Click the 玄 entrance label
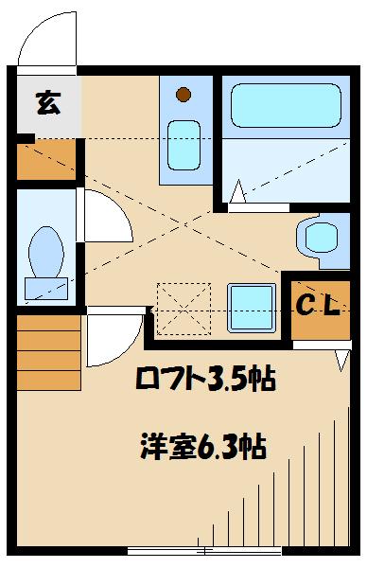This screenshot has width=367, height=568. pyautogui.click(x=46, y=103)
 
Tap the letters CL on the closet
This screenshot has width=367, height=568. pyautogui.click(x=321, y=305)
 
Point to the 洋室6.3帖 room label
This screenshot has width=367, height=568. pyautogui.click(x=203, y=445)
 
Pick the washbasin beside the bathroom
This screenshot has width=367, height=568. pyautogui.click(x=315, y=238)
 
